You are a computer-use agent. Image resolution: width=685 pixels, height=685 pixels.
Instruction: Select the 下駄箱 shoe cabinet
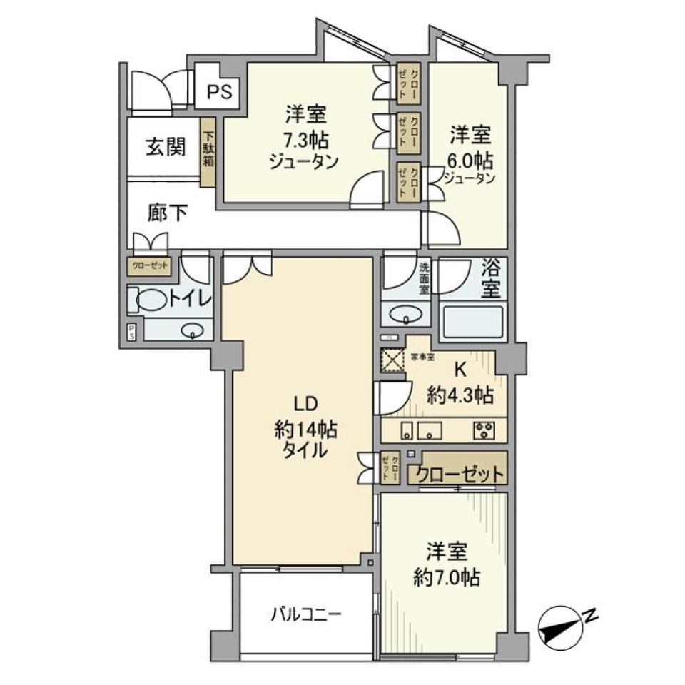coord(208,151)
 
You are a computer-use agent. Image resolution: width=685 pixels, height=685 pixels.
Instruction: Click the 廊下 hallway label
coord(168,212)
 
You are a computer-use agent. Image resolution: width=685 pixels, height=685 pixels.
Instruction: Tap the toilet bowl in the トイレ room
coord(148,300)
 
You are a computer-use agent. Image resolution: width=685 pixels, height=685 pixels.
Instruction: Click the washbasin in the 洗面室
coord(406,314)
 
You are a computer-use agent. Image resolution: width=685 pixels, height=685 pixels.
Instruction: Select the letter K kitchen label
coord(461,370)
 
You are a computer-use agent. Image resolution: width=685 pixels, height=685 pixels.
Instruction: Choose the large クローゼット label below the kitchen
coord(459,474)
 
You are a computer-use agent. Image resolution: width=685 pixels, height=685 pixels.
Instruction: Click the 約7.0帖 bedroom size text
coord(447,576)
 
